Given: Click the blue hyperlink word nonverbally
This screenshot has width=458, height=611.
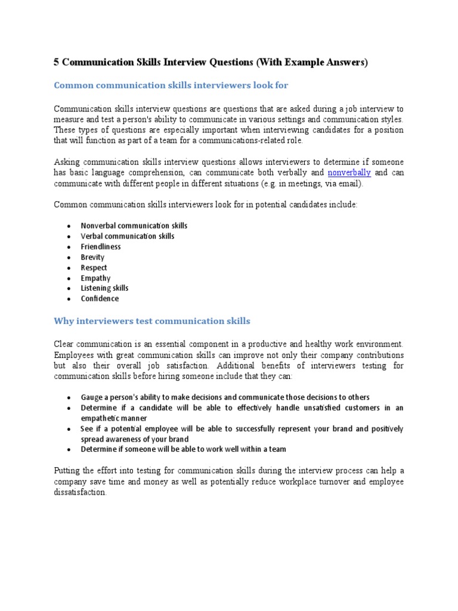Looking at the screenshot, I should [349, 173].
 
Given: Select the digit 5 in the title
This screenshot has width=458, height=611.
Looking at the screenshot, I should [57, 62].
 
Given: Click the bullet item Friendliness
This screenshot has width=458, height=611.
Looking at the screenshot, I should [101, 247].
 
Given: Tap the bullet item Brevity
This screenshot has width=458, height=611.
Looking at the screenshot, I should [92, 257].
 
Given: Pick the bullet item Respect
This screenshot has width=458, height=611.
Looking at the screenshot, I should [94, 268].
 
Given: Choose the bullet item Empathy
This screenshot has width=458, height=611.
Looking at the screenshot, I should [95, 278].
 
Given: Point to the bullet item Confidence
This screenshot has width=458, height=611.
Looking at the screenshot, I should [100, 299].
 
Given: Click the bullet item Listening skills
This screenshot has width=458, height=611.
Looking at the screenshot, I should [104, 288].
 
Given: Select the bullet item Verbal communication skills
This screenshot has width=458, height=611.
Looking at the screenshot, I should [128, 236].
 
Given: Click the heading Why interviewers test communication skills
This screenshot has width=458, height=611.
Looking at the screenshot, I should [152, 322].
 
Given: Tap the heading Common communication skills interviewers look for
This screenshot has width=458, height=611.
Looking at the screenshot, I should [171, 85].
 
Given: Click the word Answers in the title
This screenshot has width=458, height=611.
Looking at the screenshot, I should [343, 62].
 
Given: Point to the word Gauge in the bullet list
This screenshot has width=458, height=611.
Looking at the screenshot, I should [92, 397].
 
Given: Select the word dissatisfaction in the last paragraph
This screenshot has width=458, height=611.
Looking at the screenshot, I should [80, 493].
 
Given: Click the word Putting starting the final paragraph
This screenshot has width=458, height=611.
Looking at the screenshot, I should [69, 471].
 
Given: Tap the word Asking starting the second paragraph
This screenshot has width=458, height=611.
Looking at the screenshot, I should [68, 162].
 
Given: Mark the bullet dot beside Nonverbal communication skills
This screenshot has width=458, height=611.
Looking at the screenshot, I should [69, 227].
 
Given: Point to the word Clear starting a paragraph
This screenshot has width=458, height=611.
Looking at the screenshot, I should [65, 345].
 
